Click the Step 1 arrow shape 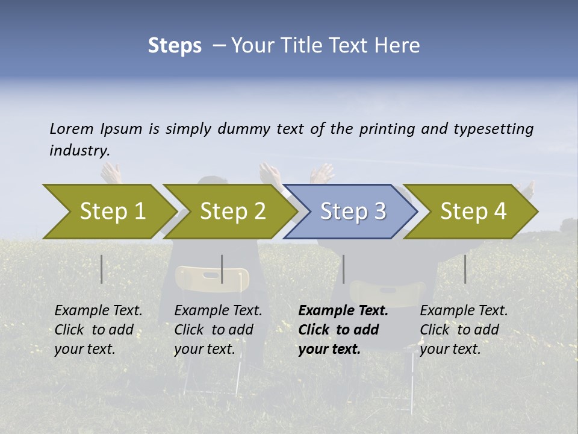click(x=108, y=212)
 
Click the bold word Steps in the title click(x=175, y=46)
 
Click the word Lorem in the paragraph click(x=71, y=128)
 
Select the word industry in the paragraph click(x=79, y=150)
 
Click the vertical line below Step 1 click(x=102, y=269)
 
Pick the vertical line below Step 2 click(x=222, y=269)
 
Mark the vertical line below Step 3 click(x=343, y=269)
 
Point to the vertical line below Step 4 click(x=465, y=269)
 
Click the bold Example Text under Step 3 click(x=343, y=311)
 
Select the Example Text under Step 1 click(x=98, y=311)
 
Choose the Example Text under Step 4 click(x=464, y=311)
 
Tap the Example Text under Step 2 click(x=218, y=311)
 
